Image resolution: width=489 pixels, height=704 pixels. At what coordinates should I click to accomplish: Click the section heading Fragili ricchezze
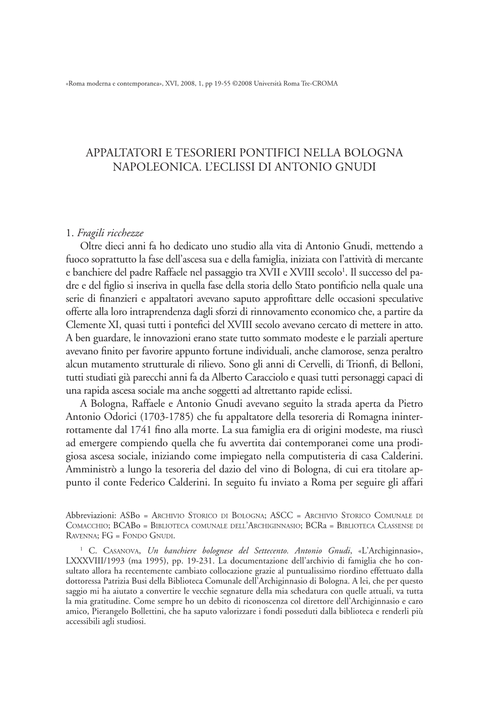pyautogui.click(x=110, y=233)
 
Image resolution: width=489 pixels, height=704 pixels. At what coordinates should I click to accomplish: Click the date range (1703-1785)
pyautogui.click(x=162, y=417)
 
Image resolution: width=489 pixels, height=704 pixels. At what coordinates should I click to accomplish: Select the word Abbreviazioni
pyautogui.click(x=91, y=516)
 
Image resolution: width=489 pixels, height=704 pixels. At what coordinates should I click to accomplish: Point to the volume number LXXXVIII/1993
pyautogui.click(x=92, y=561)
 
